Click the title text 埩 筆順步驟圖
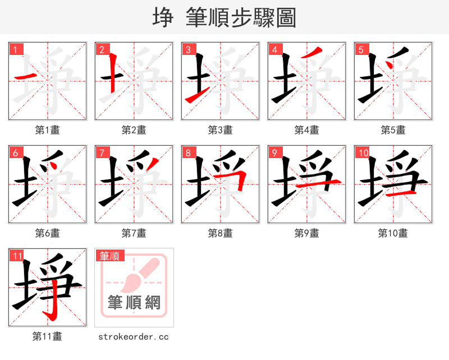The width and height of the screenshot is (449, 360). (224, 17)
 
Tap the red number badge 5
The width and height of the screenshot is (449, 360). (361, 49)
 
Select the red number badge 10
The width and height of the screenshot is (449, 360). (363, 153)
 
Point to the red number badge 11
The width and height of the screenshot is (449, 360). (17, 256)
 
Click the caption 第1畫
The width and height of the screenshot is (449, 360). (48, 130)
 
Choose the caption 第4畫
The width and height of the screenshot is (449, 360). (307, 130)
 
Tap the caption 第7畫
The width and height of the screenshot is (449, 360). (134, 233)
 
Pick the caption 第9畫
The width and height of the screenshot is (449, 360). (307, 233)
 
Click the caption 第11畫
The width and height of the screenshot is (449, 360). (48, 336)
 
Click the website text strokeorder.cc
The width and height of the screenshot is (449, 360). (134, 337)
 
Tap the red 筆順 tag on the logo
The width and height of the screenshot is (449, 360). (109, 256)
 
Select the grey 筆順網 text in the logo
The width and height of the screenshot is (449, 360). (134, 303)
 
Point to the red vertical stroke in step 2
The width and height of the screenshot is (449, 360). (113, 72)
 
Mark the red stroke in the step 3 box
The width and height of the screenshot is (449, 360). (198, 96)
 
